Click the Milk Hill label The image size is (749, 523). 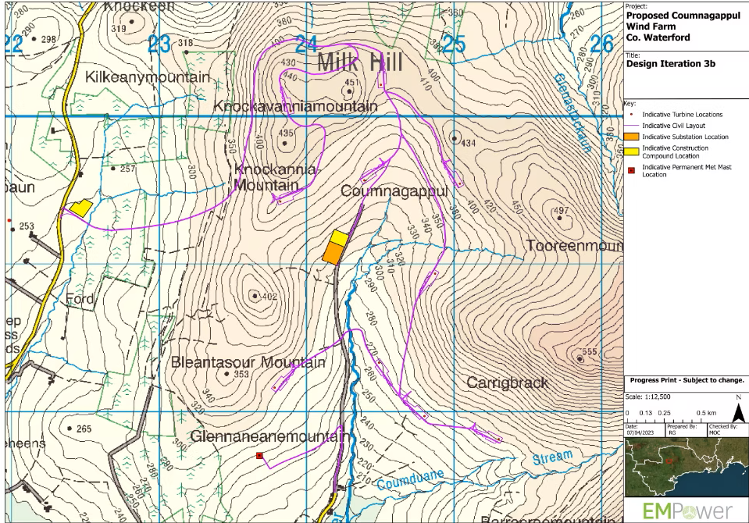pos(360,62)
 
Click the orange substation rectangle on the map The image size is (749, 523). pos(333,253)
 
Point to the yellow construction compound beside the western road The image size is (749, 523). pos(80,208)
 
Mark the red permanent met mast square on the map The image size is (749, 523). pos(259,455)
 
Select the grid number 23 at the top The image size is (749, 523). pos(159,44)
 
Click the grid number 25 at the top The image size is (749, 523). pos(454,44)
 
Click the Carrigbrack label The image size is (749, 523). pos(507,382)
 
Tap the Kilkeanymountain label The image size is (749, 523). pos(148,77)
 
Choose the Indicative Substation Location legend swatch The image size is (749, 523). pos(633,137)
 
